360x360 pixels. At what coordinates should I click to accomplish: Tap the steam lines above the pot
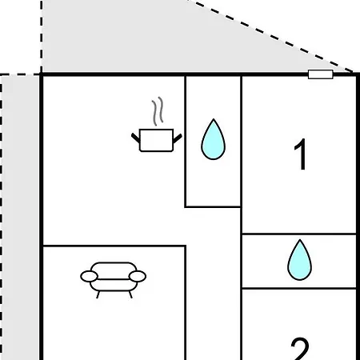[x=158, y=111]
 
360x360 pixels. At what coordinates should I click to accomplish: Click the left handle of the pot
[x=136, y=138]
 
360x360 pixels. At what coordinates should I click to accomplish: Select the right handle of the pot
[x=178, y=138]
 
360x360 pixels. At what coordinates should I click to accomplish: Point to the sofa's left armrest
[x=89, y=276]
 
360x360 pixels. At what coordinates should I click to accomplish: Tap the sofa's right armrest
[x=138, y=276]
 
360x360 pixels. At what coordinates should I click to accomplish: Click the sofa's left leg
[x=98, y=294]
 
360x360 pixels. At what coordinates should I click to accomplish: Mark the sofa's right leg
[x=130, y=294]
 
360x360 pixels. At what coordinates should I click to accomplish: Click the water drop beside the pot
[x=213, y=140]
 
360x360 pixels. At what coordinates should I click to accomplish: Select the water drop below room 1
[x=299, y=261]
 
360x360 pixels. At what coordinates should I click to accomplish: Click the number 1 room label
[x=300, y=154]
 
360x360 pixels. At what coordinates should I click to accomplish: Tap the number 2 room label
[x=300, y=349]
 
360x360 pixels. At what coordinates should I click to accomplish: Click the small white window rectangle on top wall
[x=321, y=74]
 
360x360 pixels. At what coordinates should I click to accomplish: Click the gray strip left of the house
[x=21, y=218]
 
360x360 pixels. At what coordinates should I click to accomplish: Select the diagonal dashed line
[x=270, y=36]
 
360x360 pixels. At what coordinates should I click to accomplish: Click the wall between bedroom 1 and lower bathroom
[x=299, y=234]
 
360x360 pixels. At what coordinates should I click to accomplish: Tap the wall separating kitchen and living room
[x=114, y=246]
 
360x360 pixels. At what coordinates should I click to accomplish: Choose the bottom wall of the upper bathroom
[x=213, y=206]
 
